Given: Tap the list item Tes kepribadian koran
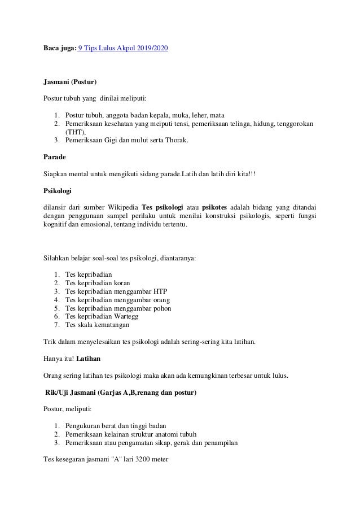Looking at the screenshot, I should tap(98, 282).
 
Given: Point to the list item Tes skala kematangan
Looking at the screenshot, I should tap(97, 326).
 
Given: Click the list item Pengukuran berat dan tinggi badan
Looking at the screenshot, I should tap(120, 425).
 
